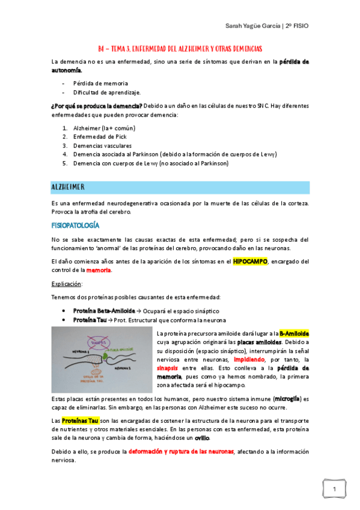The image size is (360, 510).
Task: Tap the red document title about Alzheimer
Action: [180, 48]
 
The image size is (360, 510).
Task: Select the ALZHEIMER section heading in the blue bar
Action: [67, 188]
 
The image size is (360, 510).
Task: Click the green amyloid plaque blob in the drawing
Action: [116, 357]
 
